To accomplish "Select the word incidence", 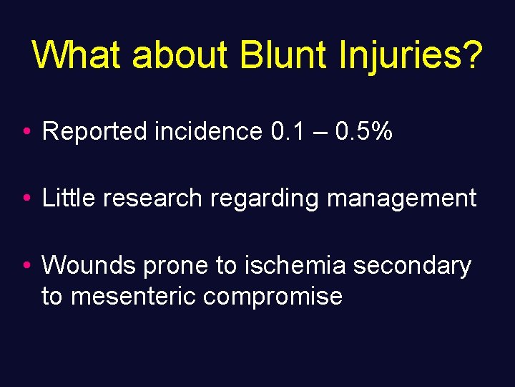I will coord(207,131).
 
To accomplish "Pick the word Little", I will coord(69,198).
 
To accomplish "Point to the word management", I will coord(401,199).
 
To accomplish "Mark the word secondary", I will coord(413,267).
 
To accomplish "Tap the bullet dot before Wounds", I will coord(25,266).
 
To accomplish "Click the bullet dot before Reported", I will coord(25,132).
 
